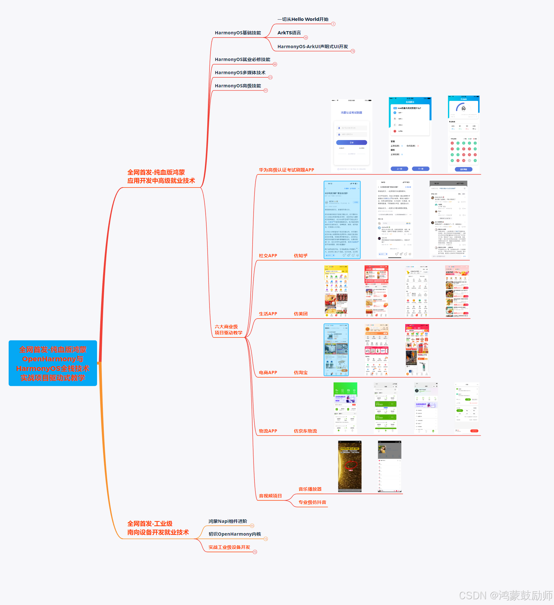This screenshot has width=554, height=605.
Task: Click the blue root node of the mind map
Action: pyautogui.click(x=53, y=363)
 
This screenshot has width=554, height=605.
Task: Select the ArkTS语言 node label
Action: pyautogui.click(x=289, y=33)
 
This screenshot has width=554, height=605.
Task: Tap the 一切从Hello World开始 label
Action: pyautogui.click(x=303, y=19)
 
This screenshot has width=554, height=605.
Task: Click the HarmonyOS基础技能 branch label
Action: pyautogui.click(x=238, y=33)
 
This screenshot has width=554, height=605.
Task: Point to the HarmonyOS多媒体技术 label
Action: pyautogui.click(x=240, y=73)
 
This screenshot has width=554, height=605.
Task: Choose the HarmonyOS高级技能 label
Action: pyautogui.click(x=238, y=86)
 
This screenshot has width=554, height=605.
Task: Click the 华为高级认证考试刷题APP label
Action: pyautogui.click(x=286, y=170)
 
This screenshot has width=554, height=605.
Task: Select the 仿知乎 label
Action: pyautogui.click(x=300, y=256)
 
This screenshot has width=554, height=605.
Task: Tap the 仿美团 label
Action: pyautogui.click(x=300, y=314)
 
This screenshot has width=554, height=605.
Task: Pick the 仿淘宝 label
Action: pyautogui.click(x=300, y=373)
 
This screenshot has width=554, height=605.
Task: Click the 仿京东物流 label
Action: pyautogui.click(x=305, y=431)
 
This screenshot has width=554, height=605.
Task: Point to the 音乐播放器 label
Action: pyautogui.click(x=310, y=489)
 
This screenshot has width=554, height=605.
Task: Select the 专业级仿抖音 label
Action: pyautogui.click(x=312, y=502)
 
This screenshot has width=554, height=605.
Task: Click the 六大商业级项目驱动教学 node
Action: pyautogui.click(x=228, y=330)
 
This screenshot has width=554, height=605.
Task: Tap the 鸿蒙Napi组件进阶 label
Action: pyautogui.click(x=228, y=521)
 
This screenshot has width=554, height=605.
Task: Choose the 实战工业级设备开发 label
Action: pyautogui.click(x=229, y=547)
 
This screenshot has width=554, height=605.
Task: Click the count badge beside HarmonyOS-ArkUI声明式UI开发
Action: pyautogui.click(x=353, y=51)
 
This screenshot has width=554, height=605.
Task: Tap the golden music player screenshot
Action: pyautogui.click(x=350, y=466)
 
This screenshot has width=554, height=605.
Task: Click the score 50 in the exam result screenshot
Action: pyautogui.click(x=463, y=109)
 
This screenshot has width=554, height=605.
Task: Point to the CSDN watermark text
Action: pyautogui.click(x=505, y=596)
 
